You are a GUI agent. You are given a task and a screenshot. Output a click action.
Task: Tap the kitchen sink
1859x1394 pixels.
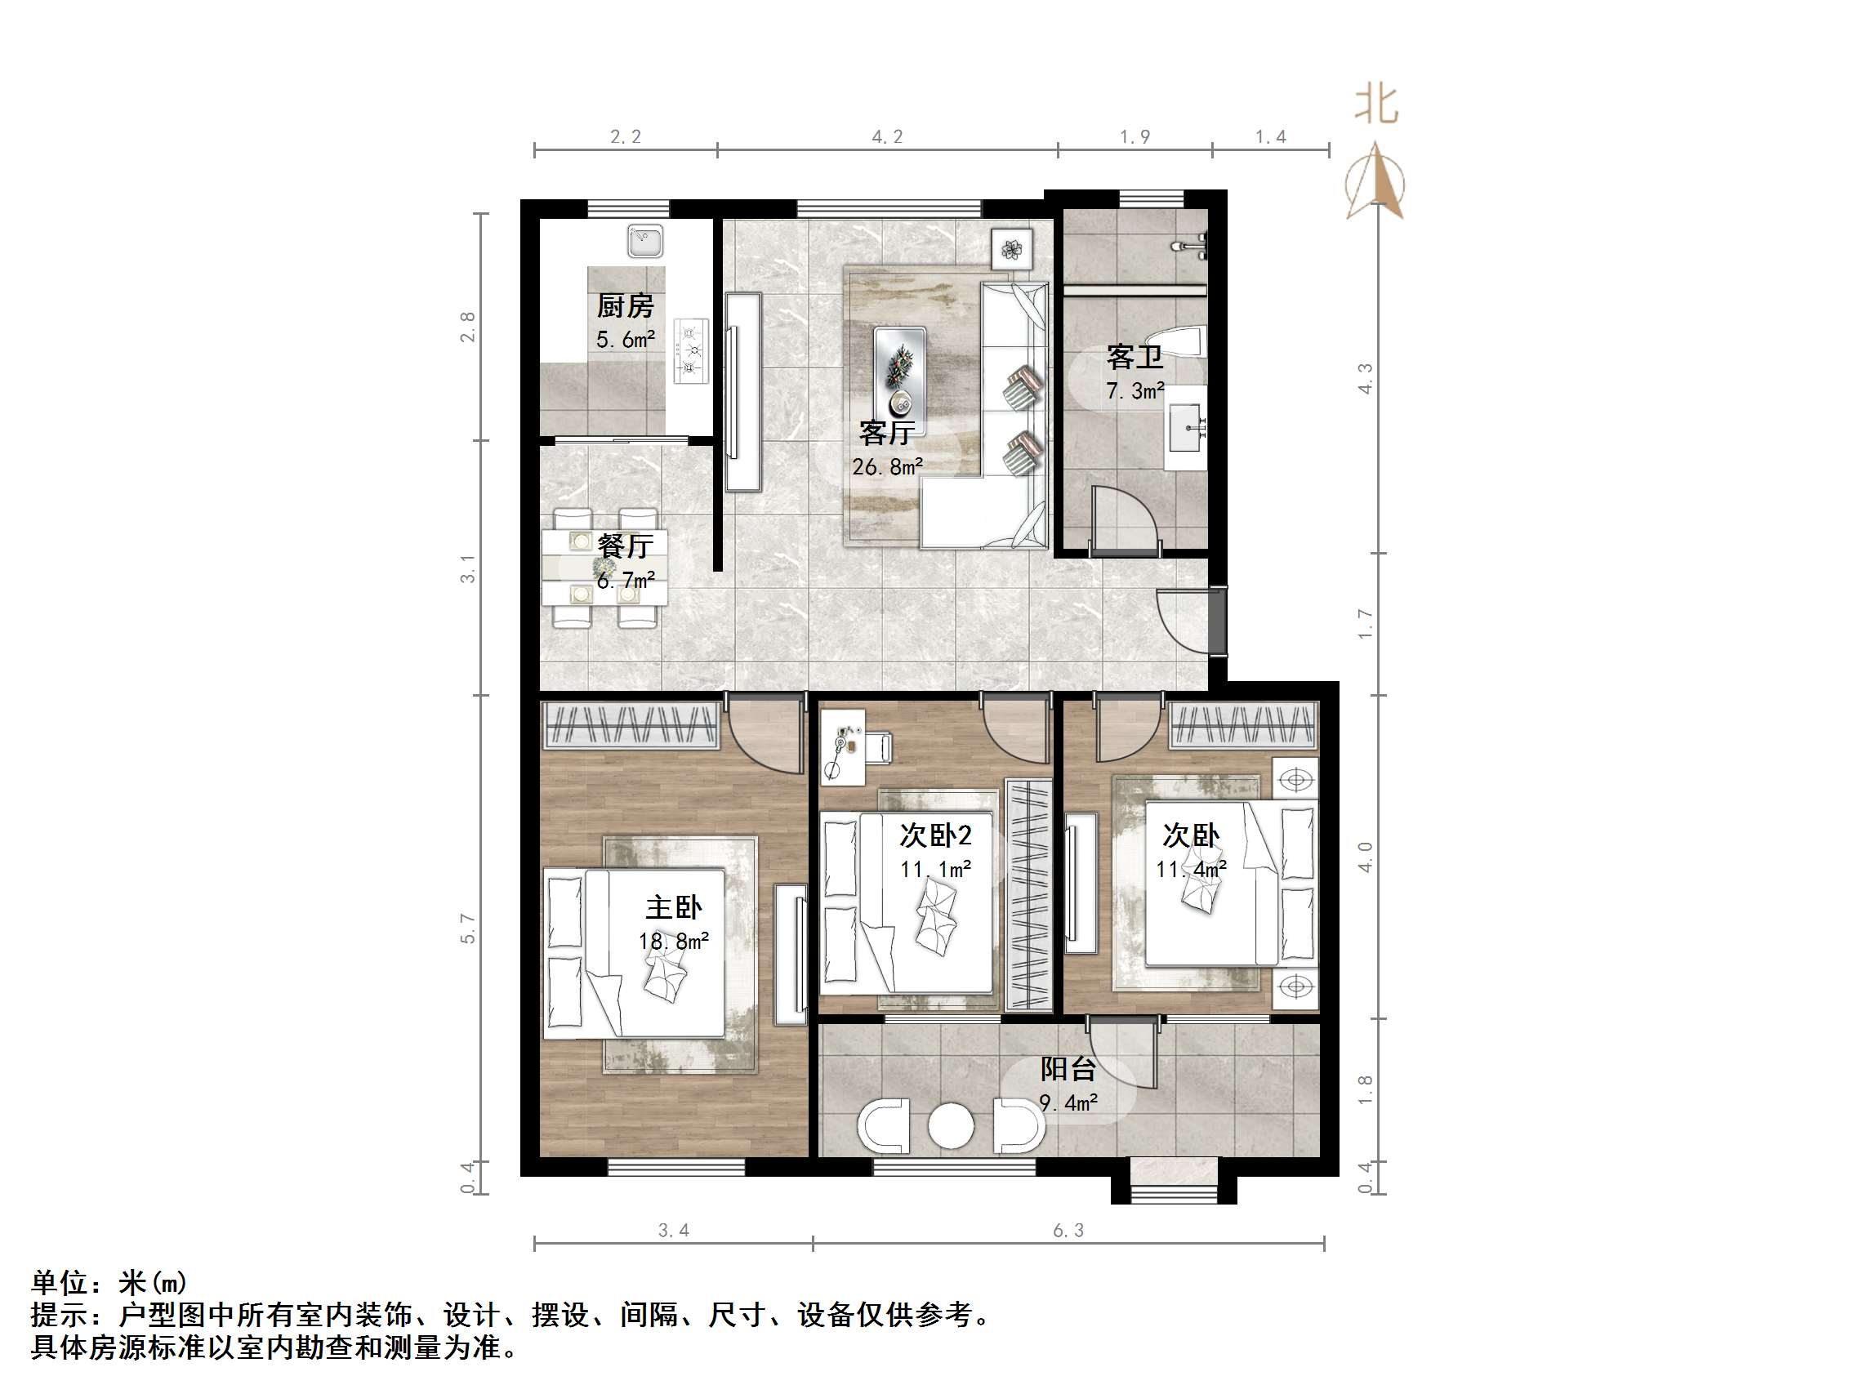pos(644,241)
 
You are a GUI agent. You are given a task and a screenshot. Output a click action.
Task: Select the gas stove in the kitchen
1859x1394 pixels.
pos(691,351)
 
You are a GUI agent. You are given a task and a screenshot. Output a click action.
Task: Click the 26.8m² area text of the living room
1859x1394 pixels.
pos(887,467)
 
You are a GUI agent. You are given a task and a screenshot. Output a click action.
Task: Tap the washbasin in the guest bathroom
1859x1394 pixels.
pos(1186,428)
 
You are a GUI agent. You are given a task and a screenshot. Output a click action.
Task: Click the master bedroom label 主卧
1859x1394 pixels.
pos(673,907)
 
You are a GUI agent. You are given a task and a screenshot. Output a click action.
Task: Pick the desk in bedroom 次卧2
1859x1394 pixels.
pos(842,747)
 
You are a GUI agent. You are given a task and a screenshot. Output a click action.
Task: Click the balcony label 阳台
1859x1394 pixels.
pos(1068,1069)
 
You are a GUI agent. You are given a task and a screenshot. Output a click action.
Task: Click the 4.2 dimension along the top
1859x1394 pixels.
pos(887,137)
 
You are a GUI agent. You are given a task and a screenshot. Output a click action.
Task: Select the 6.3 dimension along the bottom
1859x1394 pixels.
pos(1068,1231)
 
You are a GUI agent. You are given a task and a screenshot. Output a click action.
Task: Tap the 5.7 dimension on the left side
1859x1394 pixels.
pos(468,928)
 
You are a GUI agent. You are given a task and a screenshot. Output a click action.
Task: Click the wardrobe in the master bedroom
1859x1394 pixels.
pos(631,724)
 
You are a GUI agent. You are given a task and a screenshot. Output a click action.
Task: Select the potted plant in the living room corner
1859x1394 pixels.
pos(1011,249)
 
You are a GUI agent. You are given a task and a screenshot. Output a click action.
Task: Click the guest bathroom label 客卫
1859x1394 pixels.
pos(1135,357)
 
